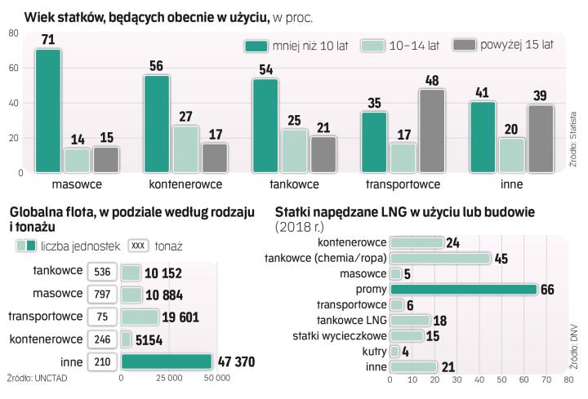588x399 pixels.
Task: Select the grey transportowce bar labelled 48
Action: (432, 131)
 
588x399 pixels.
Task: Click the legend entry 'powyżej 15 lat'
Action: (502, 45)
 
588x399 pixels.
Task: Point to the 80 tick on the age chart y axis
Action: (13, 33)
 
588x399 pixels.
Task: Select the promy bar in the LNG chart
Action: (463, 289)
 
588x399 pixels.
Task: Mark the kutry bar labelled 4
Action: (396, 351)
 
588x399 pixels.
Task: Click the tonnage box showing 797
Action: (102, 293)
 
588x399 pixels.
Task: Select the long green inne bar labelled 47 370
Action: (167, 361)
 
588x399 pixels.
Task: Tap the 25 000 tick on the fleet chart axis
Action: (168, 379)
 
